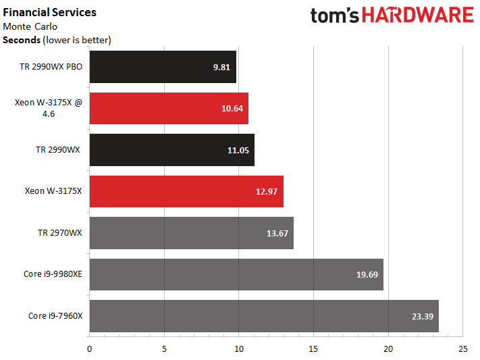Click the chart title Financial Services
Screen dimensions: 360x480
click(x=50, y=12)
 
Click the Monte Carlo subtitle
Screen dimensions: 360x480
click(x=30, y=26)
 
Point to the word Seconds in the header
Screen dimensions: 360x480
click(x=22, y=40)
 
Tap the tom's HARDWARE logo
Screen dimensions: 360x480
click(x=392, y=16)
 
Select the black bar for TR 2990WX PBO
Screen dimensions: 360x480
click(x=162, y=67)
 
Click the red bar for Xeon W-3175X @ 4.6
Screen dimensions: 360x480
click(x=169, y=108)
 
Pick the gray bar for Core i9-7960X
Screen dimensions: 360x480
click(x=263, y=316)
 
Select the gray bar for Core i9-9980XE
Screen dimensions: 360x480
click(x=236, y=274)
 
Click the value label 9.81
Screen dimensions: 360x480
click(x=221, y=67)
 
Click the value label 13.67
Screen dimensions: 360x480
click(x=277, y=233)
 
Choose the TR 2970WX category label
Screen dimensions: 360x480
click(x=59, y=233)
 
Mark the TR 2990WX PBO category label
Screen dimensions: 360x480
click(x=51, y=67)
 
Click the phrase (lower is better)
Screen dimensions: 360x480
click(x=77, y=40)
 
